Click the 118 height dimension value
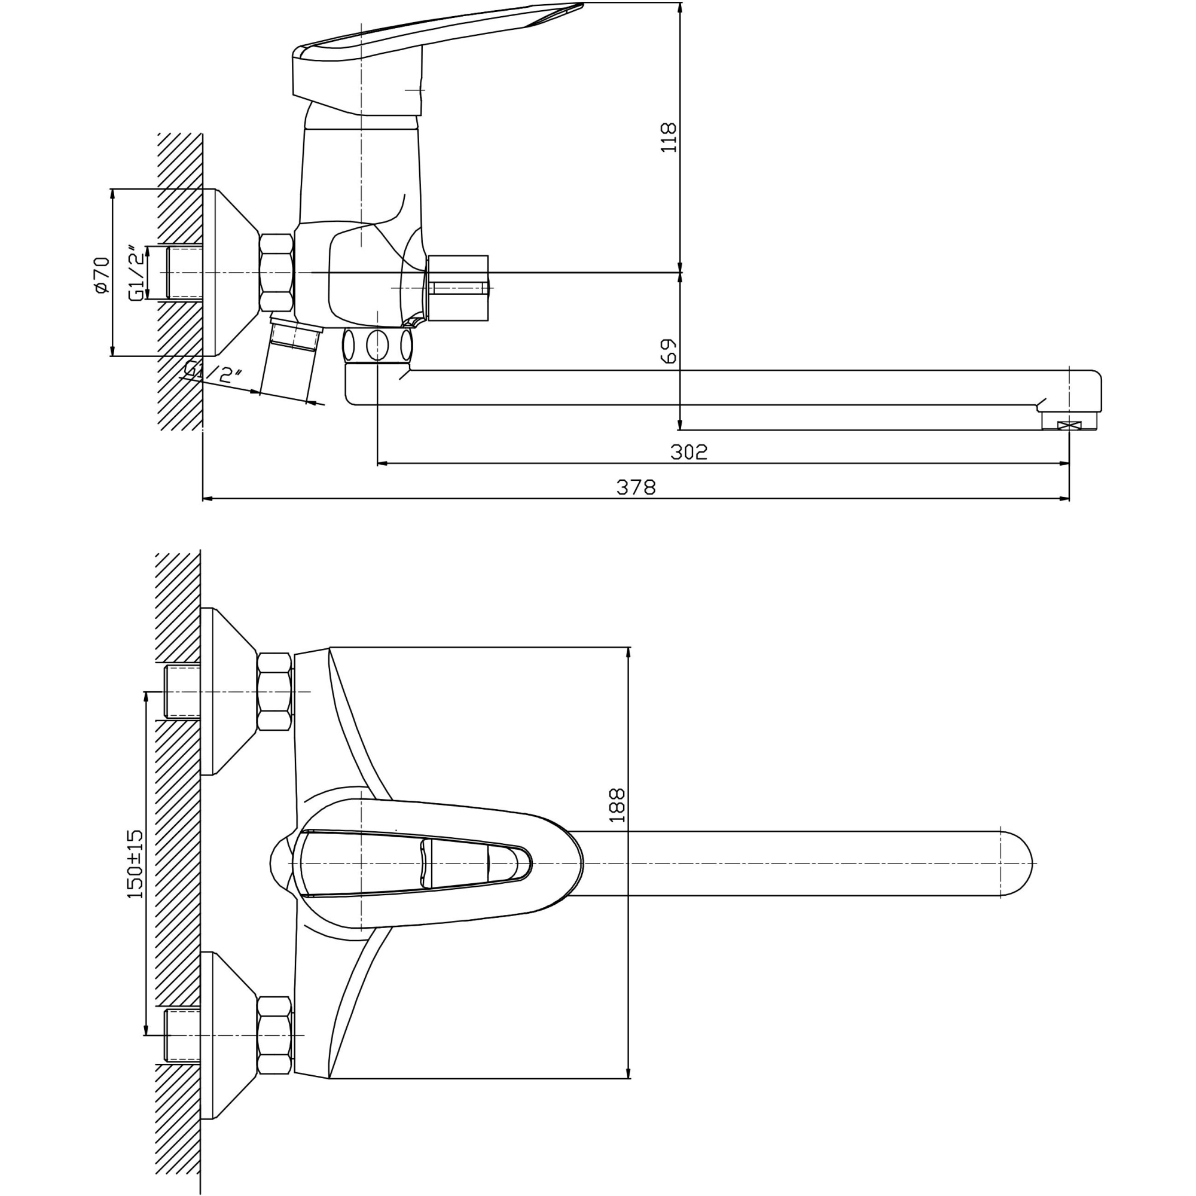(669, 138)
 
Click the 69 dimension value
(669, 350)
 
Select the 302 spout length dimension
(688, 452)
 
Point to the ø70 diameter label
(102, 274)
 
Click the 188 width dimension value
(617, 805)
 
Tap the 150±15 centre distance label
(135, 864)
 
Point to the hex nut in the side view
(276, 272)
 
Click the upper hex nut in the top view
(274, 691)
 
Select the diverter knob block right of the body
(457, 288)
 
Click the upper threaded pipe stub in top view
(182, 691)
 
